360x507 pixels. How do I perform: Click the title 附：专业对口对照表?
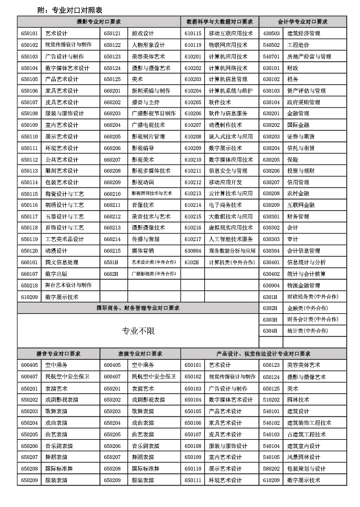click(x=70, y=10)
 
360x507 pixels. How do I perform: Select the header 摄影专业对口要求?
click(x=99, y=22)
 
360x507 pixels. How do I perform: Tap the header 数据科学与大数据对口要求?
click(x=220, y=22)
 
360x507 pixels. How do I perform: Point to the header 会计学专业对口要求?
click(x=303, y=22)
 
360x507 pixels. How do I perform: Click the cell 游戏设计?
click(x=143, y=33)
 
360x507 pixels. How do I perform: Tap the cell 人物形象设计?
click(x=148, y=45)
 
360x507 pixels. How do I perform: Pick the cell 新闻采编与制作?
click(x=151, y=90)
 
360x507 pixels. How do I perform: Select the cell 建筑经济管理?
click(x=303, y=33)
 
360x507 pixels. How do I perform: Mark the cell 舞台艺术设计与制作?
click(x=68, y=285)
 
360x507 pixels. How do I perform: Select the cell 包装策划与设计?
click(x=306, y=468)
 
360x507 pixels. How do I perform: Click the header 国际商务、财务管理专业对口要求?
click(x=138, y=308)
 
